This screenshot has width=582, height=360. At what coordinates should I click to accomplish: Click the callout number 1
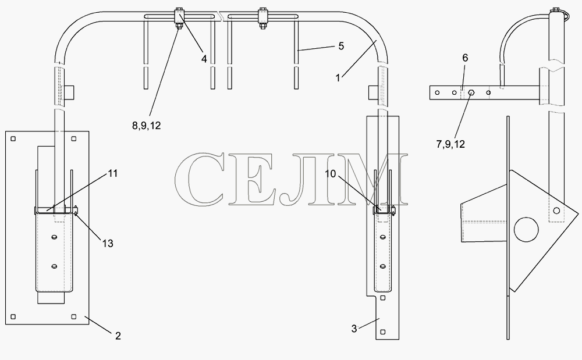coord(338,78)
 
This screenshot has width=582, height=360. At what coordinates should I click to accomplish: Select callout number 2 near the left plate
coord(118,336)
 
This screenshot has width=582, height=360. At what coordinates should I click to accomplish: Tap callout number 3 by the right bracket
coord(354,329)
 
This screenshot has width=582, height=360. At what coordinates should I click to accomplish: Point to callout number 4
coord(204,59)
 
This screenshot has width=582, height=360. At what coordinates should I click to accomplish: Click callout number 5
coord(341,46)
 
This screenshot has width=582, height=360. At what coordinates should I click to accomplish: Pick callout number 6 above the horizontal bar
coord(465,58)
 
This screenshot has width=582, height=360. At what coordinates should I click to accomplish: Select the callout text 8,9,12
coord(146,126)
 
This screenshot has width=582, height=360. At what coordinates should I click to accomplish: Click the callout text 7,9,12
coord(450,144)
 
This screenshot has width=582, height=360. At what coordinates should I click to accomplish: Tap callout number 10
coord(331,173)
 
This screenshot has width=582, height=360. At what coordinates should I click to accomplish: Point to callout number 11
coord(113,173)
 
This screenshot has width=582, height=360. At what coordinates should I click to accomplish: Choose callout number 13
coord(108,244)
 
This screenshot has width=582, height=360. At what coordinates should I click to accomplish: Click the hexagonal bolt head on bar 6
coord(471,92)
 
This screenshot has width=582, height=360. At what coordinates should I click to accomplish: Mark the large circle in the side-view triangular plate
coord(526,230)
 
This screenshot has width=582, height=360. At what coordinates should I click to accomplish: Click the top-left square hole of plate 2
coord(13,138)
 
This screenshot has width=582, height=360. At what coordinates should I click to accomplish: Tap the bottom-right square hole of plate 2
coord(73,316)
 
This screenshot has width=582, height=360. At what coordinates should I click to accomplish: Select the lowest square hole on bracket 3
coord(383,332)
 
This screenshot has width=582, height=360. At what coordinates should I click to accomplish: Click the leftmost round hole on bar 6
coord(438,92)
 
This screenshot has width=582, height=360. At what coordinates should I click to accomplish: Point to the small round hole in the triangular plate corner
coord(556,211)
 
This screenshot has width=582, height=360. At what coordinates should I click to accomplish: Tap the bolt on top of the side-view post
coord(556,10)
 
